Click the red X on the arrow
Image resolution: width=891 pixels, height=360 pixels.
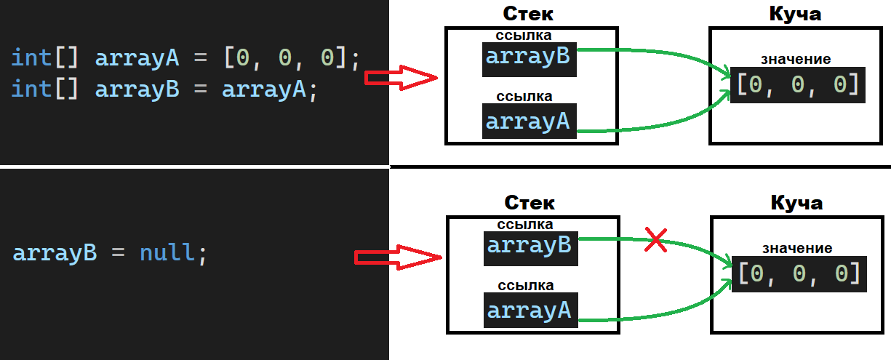[x=656, y=241]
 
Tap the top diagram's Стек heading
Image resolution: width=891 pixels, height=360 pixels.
[x=528, y=15]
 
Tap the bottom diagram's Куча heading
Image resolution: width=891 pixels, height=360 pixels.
[x=796, y=202]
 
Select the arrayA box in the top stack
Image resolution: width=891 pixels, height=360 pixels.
[x=529, y=121]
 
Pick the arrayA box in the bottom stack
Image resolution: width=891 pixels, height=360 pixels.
[x=530, y=311]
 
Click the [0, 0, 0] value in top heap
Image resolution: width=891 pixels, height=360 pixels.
[x=798, y=84]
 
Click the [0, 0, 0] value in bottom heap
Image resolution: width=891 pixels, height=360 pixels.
[x=799, y=274]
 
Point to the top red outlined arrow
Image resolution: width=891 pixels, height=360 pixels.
[x=400, y=78]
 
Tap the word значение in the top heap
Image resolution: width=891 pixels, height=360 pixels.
[x=796, y=59]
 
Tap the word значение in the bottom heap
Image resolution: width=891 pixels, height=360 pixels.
[x=798, y=248]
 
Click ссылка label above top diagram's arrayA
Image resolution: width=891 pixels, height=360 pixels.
[x=524, y=96]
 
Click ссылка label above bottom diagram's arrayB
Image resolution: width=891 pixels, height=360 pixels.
[x=524, y=224]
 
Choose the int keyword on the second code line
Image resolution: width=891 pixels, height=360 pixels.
[x=31, y=89]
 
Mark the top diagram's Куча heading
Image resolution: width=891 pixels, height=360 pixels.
[x=795, y=15]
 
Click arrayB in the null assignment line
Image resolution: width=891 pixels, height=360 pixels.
[x=55, y=253]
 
